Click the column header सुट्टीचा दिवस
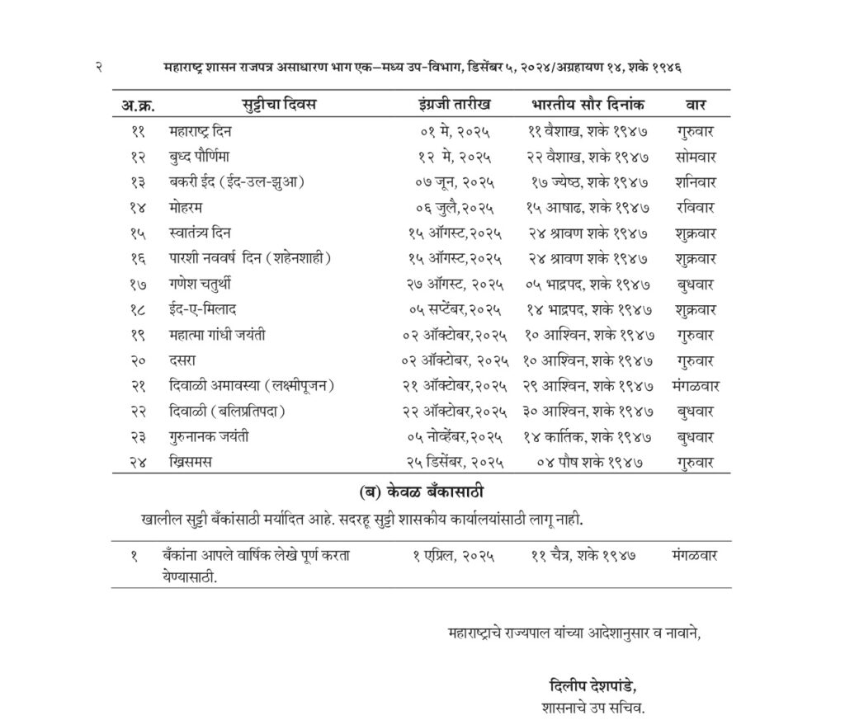tap(278, 106)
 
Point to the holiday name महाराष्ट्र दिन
tap(201, 131)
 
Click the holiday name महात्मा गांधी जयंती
tap(217, 336)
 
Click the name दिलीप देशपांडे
tap(592, 686)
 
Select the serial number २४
tap(138, 463)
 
